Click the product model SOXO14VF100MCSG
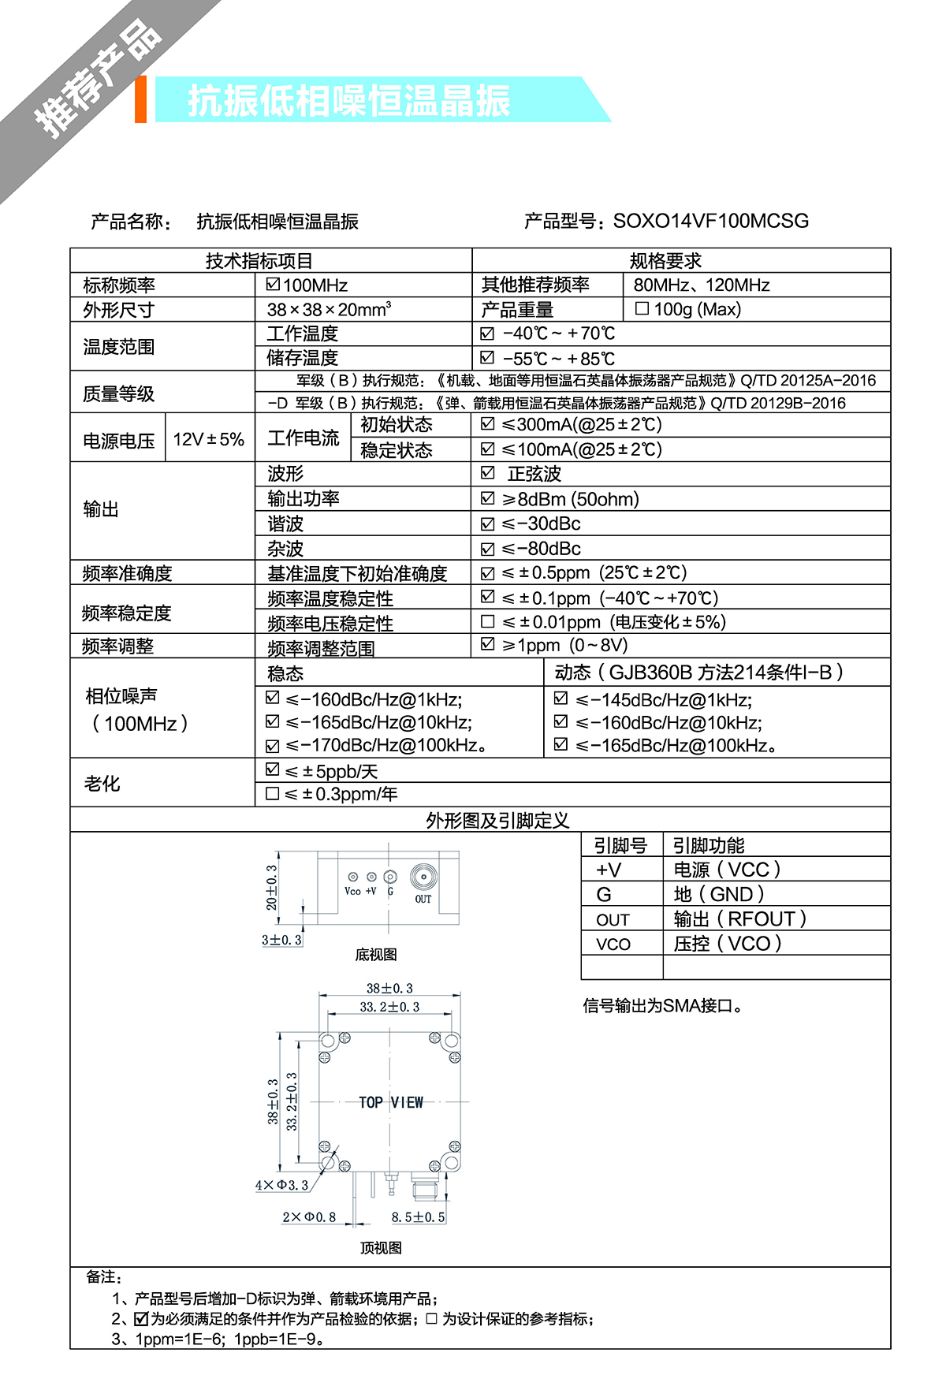[710, 221]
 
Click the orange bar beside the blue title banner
[141, 99]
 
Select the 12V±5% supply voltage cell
[209, 439]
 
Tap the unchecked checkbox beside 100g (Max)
[642, 308]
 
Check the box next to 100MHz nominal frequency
[274, 284]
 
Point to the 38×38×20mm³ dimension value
[329, 309]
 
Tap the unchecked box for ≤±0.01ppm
[488, 622]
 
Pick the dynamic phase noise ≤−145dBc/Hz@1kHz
[663, 699]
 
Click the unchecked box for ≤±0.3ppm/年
[273, 794]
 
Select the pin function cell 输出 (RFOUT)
[739, 919]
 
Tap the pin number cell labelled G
[604, 895]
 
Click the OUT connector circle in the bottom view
[424, 877]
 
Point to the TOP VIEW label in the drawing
[391, 1102]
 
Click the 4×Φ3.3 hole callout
[281, 1185]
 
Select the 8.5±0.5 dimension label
[418, 1217]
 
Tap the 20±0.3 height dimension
[272, 888]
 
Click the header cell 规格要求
[665, 261]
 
